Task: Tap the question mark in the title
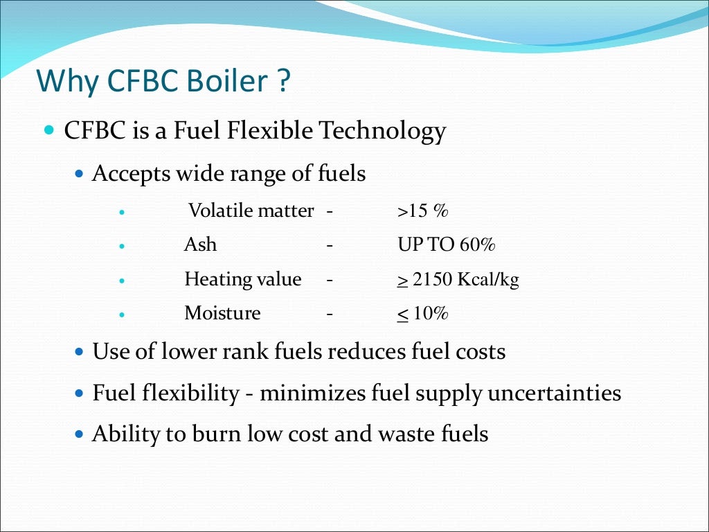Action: [282, 82]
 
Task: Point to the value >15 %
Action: [423, 211]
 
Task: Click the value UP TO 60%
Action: [447, 245]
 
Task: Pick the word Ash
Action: [200, 245]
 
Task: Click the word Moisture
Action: [222, 314]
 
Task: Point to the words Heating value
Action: [242, 280]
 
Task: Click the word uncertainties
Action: [554, 393]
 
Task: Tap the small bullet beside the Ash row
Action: [122, 245]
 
